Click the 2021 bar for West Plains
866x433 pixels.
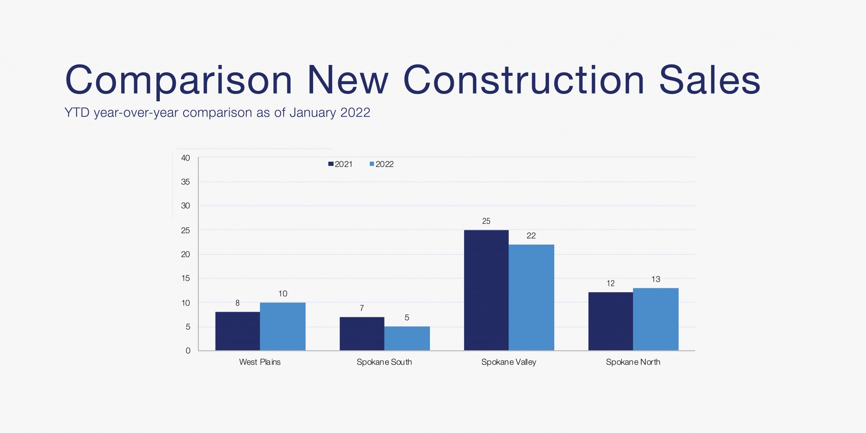237,331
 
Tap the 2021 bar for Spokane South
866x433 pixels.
362,333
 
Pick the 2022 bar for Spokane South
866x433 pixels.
407,338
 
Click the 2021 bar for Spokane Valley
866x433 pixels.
486,290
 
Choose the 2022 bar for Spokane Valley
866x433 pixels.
531,297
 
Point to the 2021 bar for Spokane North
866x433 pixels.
610,321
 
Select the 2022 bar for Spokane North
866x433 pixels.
655,319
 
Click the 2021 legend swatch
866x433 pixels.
331,164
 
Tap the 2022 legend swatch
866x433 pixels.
372,164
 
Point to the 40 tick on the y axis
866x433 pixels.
185,158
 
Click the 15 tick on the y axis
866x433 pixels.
185,278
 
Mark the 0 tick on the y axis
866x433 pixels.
188,351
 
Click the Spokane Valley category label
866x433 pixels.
508,362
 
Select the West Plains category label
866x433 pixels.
260,362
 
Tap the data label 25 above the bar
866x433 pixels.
486,221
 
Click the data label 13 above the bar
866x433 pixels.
656,279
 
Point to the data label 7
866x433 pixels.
362,308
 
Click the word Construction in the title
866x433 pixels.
524,81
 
